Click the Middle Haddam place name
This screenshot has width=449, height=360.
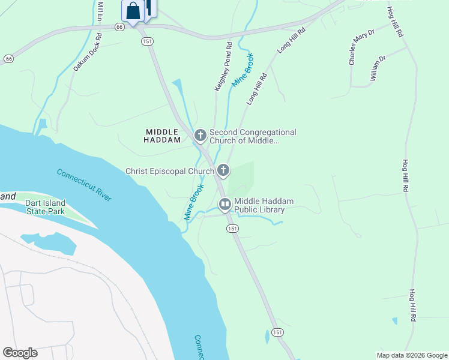[162, 136]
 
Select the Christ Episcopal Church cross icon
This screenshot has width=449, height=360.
[223, 171]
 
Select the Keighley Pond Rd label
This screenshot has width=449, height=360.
[223, 67]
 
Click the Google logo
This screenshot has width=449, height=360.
[20, 353]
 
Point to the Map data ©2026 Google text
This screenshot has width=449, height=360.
[411, 355]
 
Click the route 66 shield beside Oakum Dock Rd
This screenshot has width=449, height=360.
[119, 27]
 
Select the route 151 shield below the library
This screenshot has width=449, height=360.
[232, 229]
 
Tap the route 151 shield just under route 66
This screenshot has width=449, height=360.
[146, 41]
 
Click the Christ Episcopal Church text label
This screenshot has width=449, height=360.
[169, 171]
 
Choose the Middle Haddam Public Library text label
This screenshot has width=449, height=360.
[259, 206]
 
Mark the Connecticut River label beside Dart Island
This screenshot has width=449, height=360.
[83, 185]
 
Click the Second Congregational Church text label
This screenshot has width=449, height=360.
[252, 136]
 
